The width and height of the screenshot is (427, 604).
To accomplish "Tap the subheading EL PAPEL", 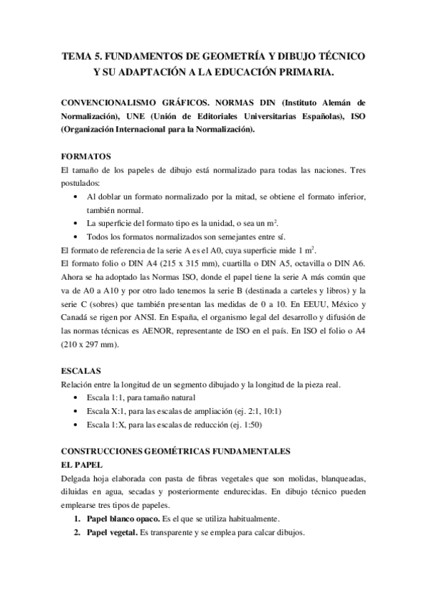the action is tap(83, 464).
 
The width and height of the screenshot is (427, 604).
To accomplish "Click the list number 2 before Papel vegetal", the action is tap(76, 532).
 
